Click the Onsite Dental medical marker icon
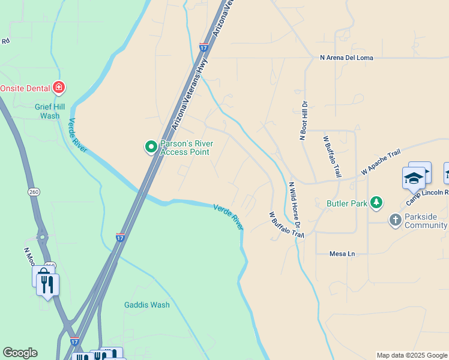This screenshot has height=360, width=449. [59, 88]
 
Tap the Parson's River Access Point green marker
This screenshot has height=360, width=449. [151, 146]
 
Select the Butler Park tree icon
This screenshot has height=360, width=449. [376, 203]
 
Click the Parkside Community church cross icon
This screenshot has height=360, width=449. [395, 220]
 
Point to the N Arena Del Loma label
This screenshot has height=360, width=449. [346, 58]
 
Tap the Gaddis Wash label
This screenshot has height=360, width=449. [147, 305]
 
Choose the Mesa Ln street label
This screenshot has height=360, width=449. [342, 254]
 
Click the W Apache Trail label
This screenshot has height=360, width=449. [381, 163]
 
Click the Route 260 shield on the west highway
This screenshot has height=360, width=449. [33, 191]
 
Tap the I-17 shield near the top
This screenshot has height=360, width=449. [204, 46]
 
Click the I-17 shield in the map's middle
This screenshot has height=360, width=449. [121, 238]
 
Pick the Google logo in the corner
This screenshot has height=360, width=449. [20, 353]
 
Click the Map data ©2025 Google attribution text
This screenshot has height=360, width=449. [412, 356]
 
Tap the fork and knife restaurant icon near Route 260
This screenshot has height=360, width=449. [48, 283]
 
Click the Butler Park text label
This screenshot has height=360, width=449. [347, 203]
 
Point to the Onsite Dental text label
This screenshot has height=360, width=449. [25, 88]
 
